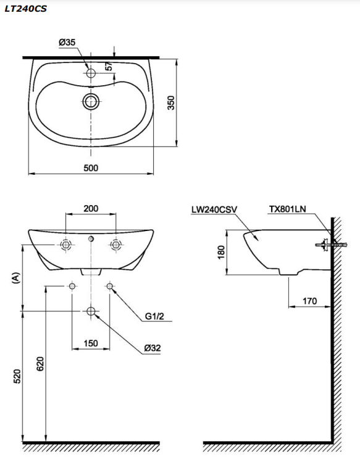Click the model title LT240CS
[x=25, y=9]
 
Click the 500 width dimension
[x=91, y=167]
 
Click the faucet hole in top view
[x=91, y=74]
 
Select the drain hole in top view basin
[x=91, y=101]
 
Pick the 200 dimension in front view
[x=91, y=209]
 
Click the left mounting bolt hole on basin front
[x=66, y=245]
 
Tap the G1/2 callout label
[x=155, y=317]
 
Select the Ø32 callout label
[x=153, y=348]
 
